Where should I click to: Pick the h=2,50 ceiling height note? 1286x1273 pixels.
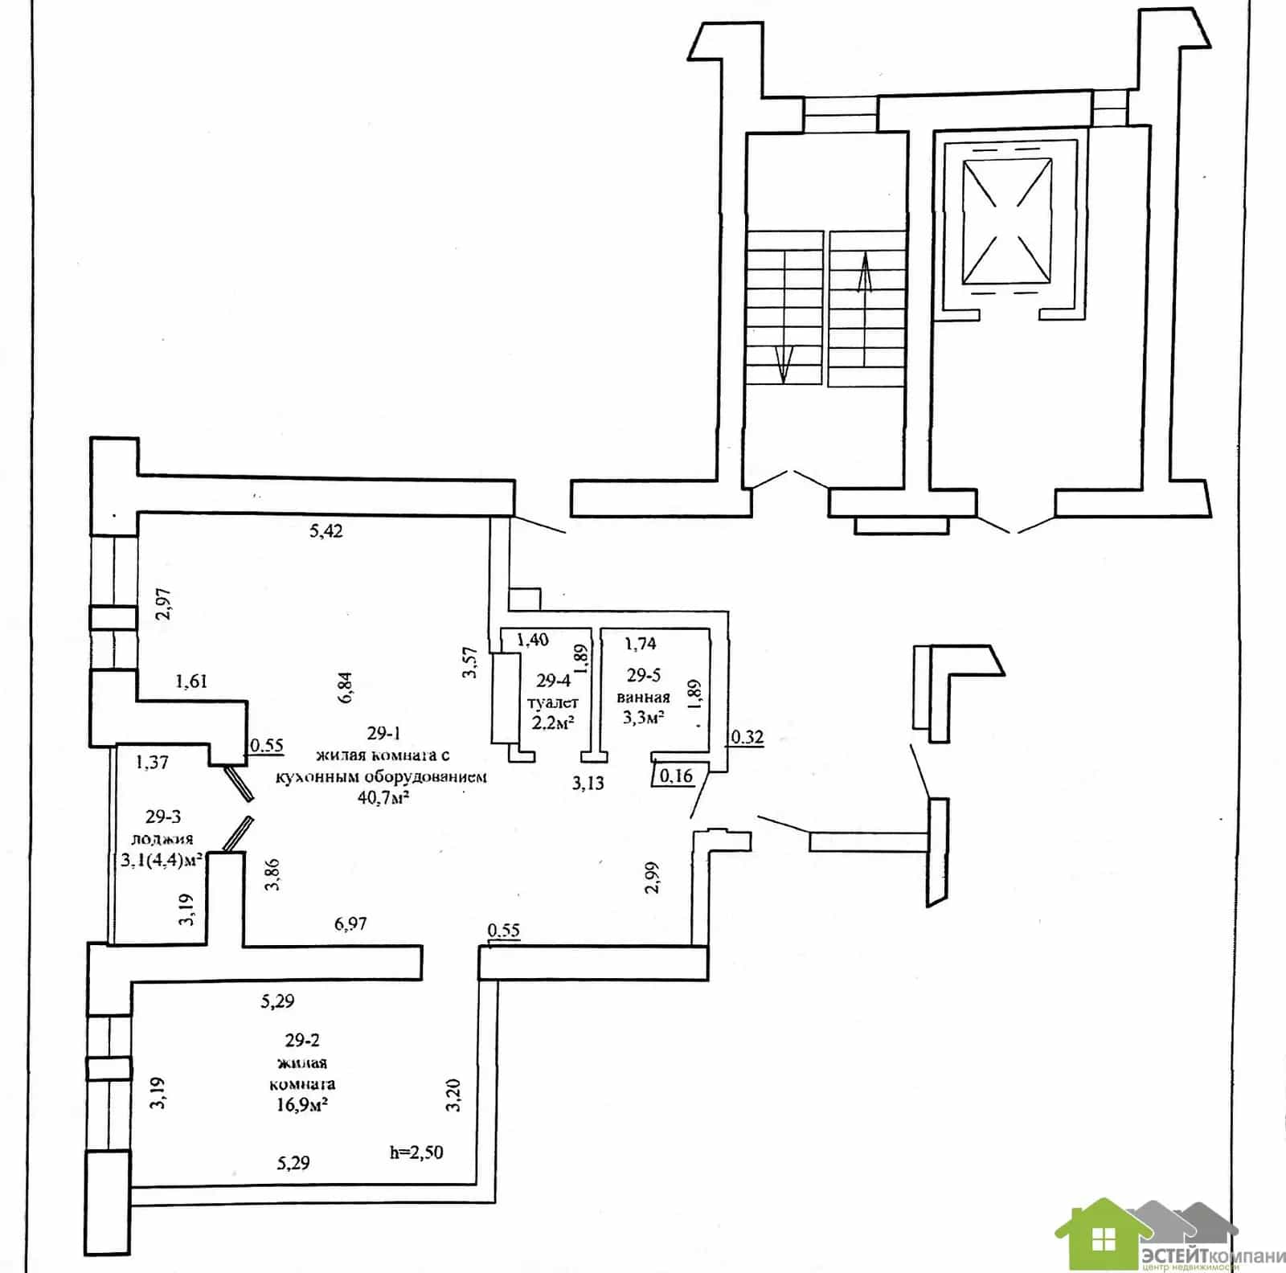pos(416,1152)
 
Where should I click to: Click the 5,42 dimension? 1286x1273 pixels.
pos(326,530)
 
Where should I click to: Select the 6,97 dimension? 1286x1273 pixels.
pos(350,923)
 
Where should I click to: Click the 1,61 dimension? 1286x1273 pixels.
pos(191,682)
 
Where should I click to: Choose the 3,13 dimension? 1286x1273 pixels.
pos(588,783)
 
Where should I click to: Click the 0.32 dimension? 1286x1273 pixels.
pos(747,736)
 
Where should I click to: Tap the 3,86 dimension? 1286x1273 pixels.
pos(273,874)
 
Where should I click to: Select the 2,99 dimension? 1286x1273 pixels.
pos(652,877)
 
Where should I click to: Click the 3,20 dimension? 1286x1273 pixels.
pos(453,1094)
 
